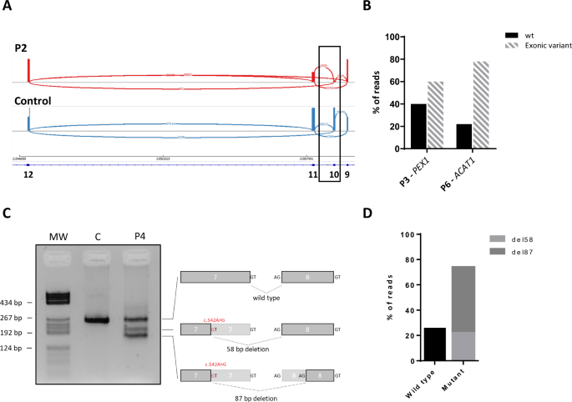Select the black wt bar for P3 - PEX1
(x=418, y=126)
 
